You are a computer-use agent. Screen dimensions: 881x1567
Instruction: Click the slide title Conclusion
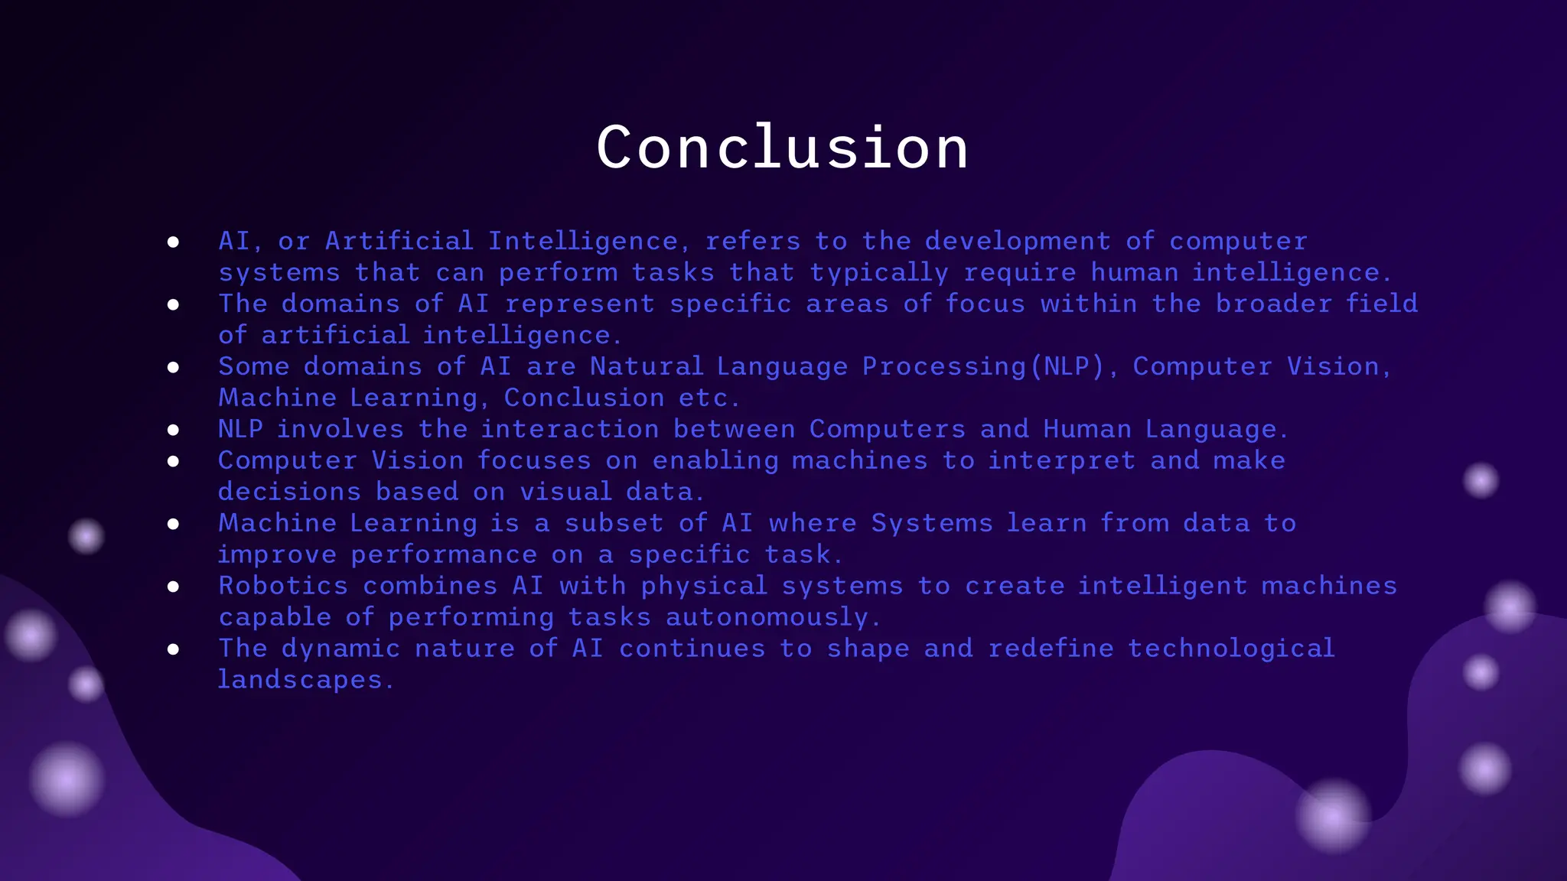tap(782, 148)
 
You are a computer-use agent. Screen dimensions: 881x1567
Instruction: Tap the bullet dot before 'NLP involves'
tap(174, 431)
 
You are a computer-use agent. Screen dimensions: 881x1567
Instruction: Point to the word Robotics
tap(283, 587)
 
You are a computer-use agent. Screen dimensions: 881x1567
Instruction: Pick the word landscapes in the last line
tap(300, 680)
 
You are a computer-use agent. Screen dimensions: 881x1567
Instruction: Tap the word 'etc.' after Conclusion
tap(708, 398)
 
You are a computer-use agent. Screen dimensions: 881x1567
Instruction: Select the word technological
tap(1230, 649)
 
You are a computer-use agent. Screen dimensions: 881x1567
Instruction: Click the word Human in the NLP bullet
tap(1086, 430)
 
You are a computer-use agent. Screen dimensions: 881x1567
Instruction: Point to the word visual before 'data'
tap(565, 493)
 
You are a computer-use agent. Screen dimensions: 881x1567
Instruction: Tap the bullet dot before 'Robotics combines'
tap(174, 587)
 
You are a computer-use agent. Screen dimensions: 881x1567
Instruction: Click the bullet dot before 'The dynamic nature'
tap(174, 649)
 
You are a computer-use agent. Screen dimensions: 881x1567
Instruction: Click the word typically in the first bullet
tap(878, 273)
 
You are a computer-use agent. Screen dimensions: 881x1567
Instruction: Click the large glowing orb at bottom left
tap(67, 779)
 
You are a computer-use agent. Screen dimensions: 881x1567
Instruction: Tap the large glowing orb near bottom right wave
tap(1332, 816)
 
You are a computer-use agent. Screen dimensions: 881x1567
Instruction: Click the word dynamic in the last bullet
tap(340, 649)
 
